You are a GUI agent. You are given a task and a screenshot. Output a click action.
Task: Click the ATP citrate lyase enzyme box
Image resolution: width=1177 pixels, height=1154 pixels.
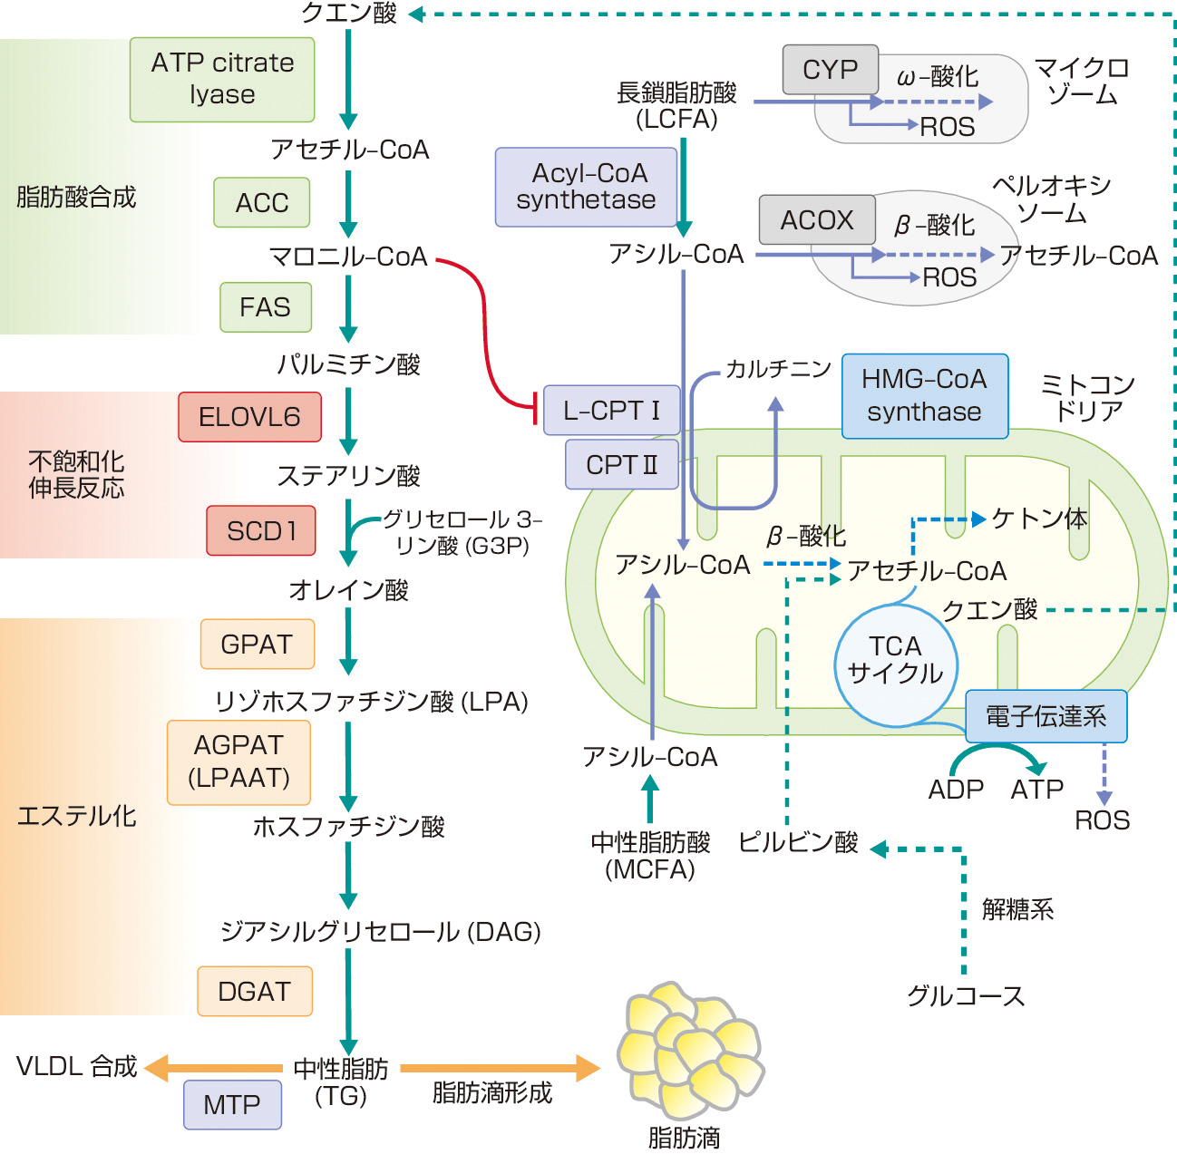[x=222, y=79]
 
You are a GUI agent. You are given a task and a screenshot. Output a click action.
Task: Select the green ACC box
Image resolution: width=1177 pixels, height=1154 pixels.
[x=262, y=202]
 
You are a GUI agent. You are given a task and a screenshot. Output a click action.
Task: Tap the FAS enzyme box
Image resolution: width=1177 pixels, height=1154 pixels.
[x=266, y=307]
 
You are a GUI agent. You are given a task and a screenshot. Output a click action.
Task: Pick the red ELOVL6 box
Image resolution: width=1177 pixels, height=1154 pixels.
[x=249, y=417]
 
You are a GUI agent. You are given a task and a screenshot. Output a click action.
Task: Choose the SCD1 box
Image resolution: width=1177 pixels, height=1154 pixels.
[x=261, y=530]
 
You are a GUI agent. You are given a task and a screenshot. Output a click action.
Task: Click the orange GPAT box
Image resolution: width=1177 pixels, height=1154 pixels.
[x=257, y=644]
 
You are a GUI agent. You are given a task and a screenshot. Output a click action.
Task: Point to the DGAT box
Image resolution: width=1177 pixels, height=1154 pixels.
[x=255, y=991]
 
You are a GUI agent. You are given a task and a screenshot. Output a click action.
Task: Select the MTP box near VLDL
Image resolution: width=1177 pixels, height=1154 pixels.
[x=232, y=1104]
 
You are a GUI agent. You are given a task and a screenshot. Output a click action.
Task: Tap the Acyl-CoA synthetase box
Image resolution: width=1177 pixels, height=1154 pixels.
[x=587, y=187]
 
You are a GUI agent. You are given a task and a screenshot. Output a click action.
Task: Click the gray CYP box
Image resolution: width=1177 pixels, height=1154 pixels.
[x=831, y=70]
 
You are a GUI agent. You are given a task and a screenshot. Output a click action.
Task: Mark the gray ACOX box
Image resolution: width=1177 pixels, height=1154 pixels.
[x=817, y=220]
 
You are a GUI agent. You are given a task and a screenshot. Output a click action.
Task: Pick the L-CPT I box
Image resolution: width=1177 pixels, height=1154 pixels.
[x=612, y=410]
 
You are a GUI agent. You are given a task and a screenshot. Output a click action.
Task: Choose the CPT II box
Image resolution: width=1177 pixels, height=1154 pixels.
[x=622, y=464]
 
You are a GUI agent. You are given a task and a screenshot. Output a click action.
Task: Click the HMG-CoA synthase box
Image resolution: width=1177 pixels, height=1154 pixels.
[x=925, y=396]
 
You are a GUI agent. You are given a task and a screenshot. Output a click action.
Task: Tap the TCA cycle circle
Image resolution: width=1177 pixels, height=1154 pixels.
[x=896, y=661]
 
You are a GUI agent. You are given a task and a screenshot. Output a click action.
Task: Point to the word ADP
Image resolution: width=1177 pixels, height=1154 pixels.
[x=956, y=790]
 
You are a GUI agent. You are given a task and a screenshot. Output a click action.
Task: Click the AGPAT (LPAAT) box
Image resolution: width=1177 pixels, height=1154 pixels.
[x=238, y=762]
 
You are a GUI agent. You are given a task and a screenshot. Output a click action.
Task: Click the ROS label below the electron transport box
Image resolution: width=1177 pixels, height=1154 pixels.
[x=1102, y=820]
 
